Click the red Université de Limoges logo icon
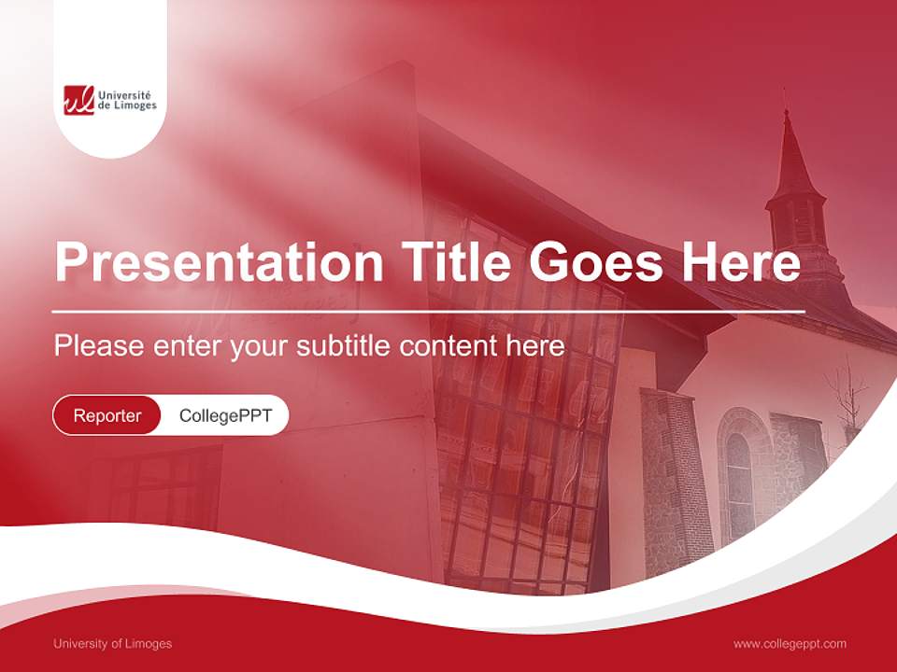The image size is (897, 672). tap(78, 100)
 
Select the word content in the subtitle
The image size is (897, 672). tap(448, 346)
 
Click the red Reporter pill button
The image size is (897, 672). tap(107, 415)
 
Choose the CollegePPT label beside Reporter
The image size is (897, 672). tap(225, 415)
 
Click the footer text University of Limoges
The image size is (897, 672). tap(112, 643)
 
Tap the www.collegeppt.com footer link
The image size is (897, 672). tap(790, 643)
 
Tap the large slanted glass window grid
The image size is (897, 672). tap(523, 439)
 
